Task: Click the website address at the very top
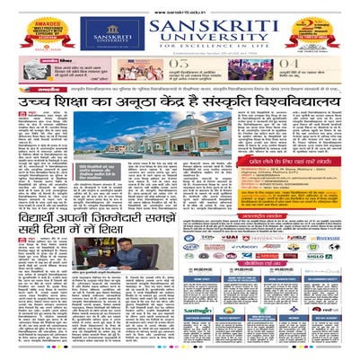point(179,4)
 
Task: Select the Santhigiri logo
point(198,309)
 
